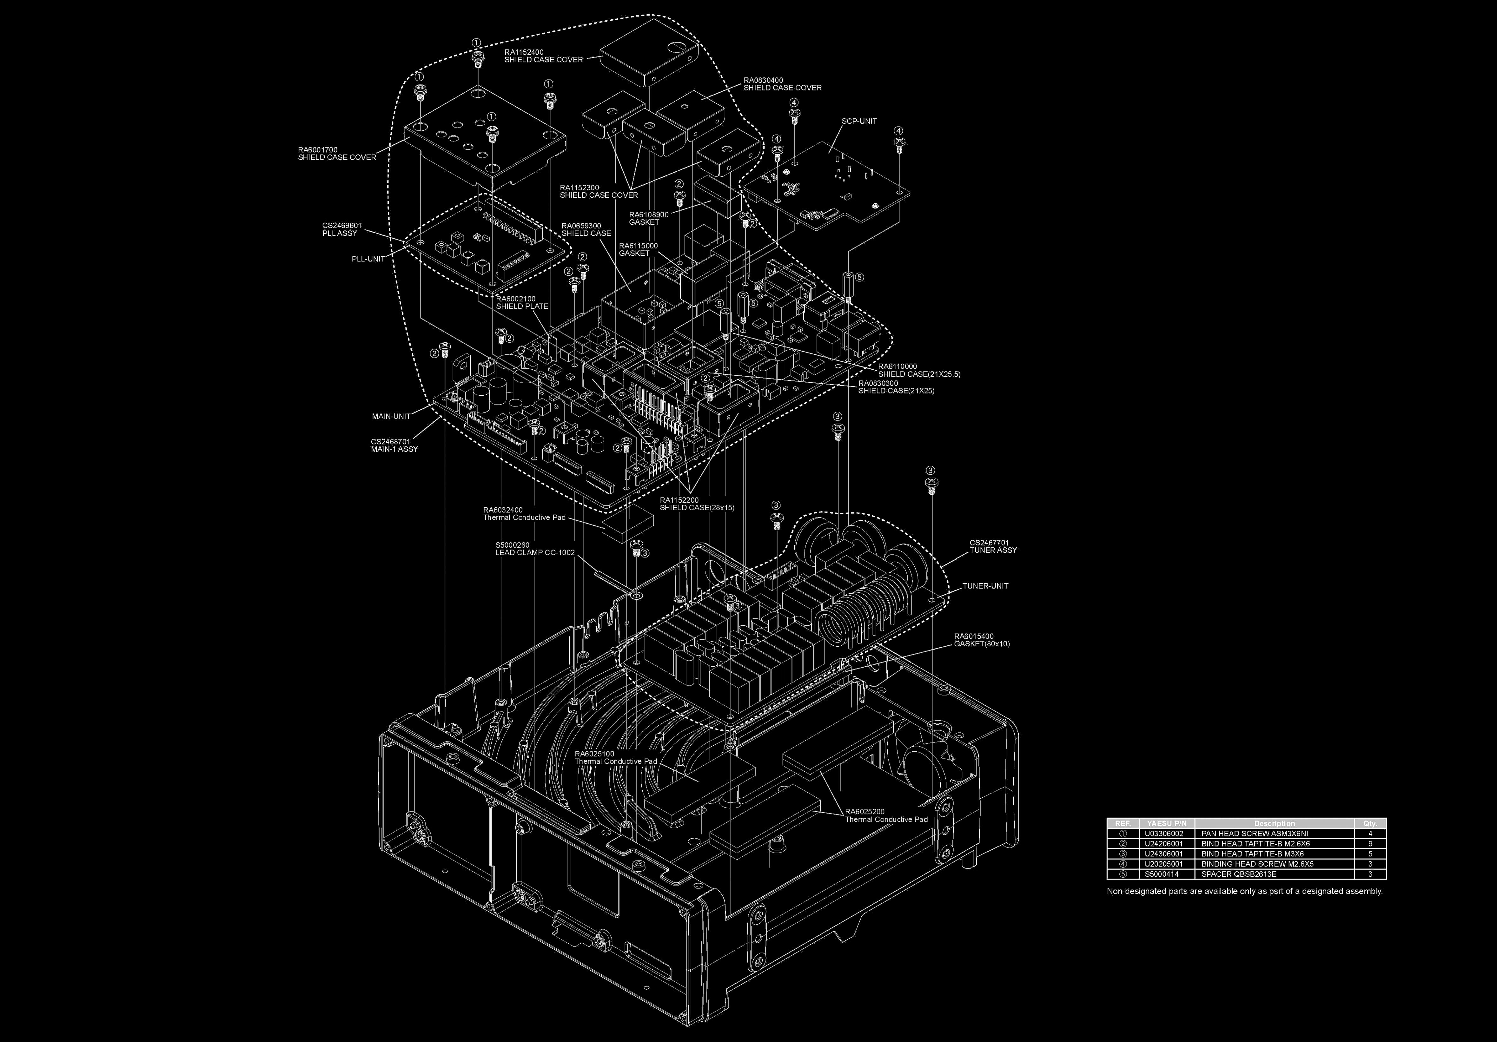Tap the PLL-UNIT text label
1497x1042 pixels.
coord(368,259)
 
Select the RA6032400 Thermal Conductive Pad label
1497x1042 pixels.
coord(524,514)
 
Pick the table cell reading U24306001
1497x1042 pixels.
coord(1164,854)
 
